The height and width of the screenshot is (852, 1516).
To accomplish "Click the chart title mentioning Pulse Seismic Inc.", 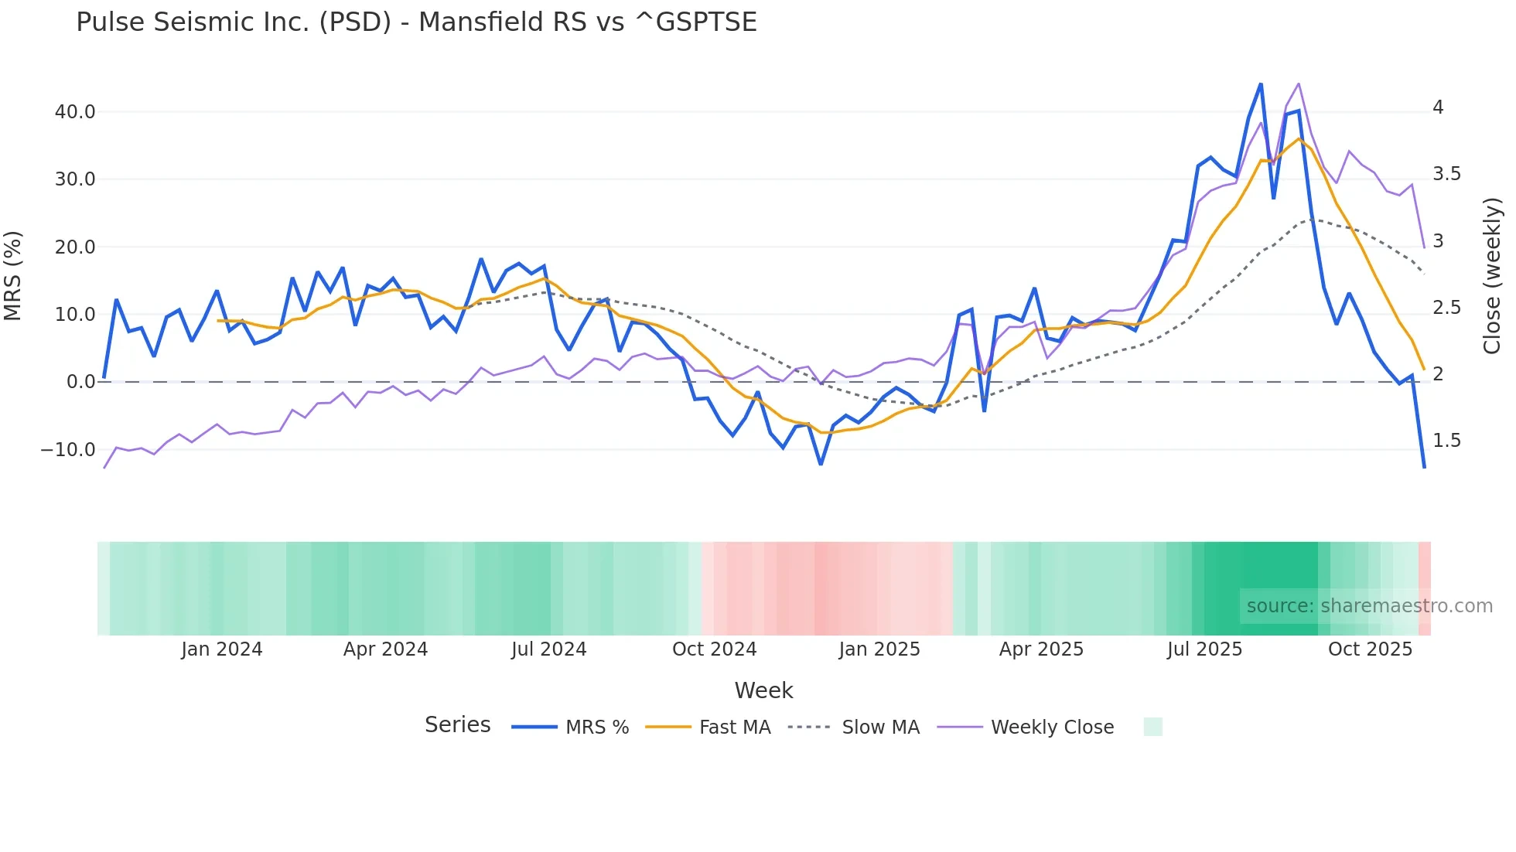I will pyautogui.click(x=416, y=22).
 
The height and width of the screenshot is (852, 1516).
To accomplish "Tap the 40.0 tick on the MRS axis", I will pyautogui.click(x=75, y=112).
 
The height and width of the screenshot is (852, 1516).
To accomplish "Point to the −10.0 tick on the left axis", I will pyautogui.click(x=68, y=450).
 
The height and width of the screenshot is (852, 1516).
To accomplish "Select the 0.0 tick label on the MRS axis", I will pyautogui.click(x=80, y=382).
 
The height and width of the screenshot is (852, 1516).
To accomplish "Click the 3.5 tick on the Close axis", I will pyautogui.click(x=1446, y=174).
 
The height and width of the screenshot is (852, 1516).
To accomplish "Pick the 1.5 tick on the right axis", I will pyautogui.click(x=1446, y=441).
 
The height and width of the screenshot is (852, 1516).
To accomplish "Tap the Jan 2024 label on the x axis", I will pyautogui.click(x=222, y=649).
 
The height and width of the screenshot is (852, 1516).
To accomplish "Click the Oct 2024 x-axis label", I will pyautogui.click(x=714, y=649).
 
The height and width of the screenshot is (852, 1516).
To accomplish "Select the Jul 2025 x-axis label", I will pyautogui.click(x=1204, y=649).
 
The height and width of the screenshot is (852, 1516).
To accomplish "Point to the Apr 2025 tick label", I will pyautogui.click(x=1041, y=649).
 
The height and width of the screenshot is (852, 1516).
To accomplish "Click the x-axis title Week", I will pyautogui.click(x=763, y=690).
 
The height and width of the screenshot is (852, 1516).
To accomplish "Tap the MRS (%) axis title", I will pyautogui.click(x=13, y=276).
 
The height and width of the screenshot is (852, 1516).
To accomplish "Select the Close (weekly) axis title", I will pyautogui.click(x=1491, y=276).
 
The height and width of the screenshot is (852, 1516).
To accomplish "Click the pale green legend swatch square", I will pyautogui.click(x=1152, y=727).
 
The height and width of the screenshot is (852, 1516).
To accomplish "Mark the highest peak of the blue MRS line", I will pyautogui.click(x=1261, y=84).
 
